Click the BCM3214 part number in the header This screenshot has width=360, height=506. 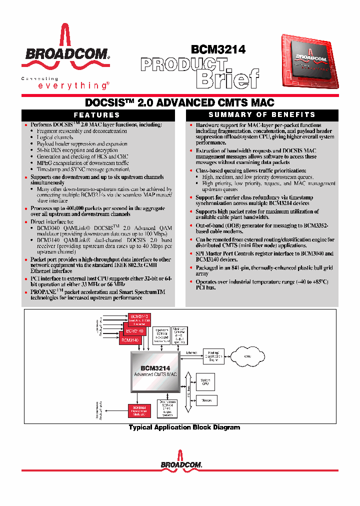pyautogui.click(x=218, y=49)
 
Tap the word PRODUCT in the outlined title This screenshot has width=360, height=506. pyautogui.click(x=183, y=64)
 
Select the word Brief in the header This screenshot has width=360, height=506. pyautogui.click(x=227, y=79)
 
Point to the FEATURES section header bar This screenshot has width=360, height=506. pyautogui.click(x=97, y=114)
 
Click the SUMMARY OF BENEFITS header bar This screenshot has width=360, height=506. pyautogui.click(x=261, y=114)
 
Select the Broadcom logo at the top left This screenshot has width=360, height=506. pyautogui.click(x=65, y=49)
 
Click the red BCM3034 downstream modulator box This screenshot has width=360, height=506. pyautogui.click(x=139, y=409)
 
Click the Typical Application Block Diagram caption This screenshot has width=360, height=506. pyautogui.click(x=184, y=427)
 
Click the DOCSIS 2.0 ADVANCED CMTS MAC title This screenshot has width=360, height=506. pyautogui.click(x=180, y=103)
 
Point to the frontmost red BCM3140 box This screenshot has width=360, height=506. pyautogui.click(x=130, y=339)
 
